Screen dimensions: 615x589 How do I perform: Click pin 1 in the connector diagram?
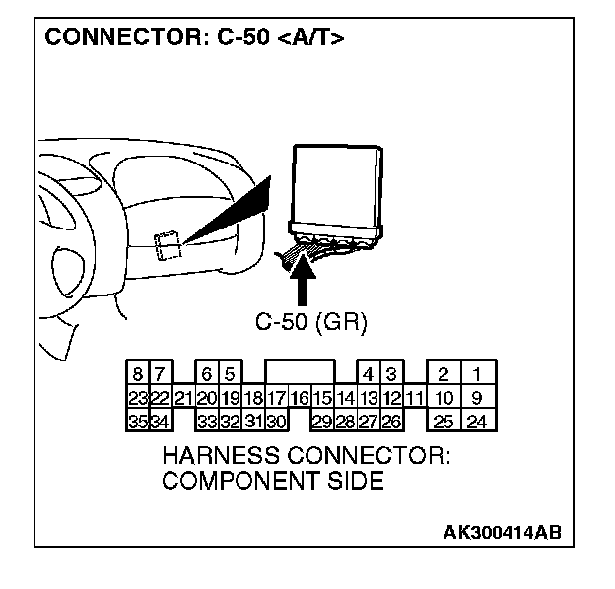(x=477, y=374)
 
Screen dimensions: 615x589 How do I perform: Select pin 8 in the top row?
(x=139, y=374)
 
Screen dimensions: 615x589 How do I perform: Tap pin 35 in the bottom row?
(x=139, y=422)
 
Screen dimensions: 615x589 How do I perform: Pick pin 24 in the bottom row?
(x=477, y=422)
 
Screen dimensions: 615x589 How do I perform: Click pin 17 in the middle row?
(x=276, y=398)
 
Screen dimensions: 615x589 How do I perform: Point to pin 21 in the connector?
(x=183, y=398)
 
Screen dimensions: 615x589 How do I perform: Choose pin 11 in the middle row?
(x=415, y=398)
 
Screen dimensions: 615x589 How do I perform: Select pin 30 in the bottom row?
(x=276, y=422)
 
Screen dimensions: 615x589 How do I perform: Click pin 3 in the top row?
(x=391, y=374)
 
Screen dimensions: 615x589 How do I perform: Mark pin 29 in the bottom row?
(x=321, y=422)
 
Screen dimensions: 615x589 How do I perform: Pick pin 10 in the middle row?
(x=444, y=398)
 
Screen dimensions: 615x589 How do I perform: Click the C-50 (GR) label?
(x=305, y=321)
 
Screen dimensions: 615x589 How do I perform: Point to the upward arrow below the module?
(x=306, y=281)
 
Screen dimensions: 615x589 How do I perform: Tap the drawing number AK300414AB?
(x=502, y=533)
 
